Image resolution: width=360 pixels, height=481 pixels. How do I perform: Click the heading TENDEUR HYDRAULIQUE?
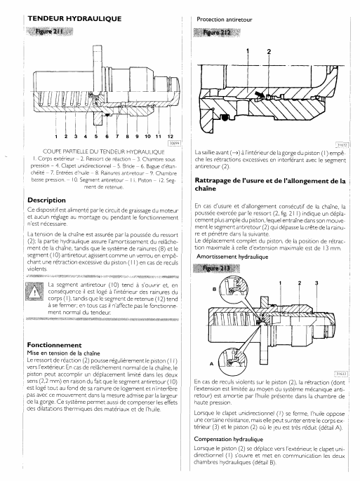[74, 19]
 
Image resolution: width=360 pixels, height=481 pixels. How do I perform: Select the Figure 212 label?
[217, 32]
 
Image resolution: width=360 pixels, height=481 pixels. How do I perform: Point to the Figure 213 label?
[217, 269]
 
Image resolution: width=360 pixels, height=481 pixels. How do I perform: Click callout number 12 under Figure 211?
[171, 136]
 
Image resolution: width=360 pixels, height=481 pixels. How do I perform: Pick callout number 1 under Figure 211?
[56, 136]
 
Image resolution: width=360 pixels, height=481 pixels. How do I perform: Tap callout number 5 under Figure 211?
[96, 136]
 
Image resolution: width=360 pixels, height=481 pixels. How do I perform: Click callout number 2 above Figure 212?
[269, 52]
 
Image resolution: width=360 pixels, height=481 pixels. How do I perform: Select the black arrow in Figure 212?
[260, 93]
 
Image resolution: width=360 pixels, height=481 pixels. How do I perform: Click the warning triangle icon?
[34, 292]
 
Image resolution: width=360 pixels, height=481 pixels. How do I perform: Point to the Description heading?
[46, 201]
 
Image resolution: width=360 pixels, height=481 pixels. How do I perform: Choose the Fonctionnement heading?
[54, 345]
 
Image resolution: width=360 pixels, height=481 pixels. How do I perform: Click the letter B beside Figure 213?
[215, 289]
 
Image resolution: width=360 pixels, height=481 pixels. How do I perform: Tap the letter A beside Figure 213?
[211, 364]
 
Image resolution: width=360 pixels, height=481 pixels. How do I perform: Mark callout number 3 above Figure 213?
[316, 283]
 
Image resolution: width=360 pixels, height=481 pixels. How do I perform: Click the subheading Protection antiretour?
[225, 20]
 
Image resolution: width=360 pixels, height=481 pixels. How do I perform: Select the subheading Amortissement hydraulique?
[232, 257]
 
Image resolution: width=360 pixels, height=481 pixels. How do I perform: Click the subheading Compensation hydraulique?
[229, 439]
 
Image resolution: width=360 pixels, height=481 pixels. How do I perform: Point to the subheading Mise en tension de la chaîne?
[64, 353]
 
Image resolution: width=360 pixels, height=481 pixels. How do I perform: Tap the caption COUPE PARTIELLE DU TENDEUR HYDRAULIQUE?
[104, 151]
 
